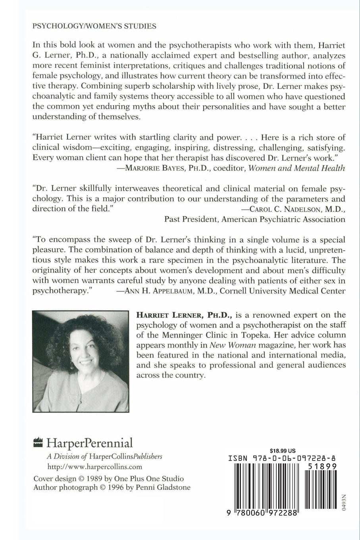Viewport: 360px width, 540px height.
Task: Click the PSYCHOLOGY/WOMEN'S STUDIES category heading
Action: point(94,26)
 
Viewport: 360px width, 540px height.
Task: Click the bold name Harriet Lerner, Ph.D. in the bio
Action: point(183,315)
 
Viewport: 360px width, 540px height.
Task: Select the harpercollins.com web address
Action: point(94,467)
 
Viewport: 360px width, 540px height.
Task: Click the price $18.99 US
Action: point(283,451)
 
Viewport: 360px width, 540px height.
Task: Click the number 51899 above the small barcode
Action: point(322,467)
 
